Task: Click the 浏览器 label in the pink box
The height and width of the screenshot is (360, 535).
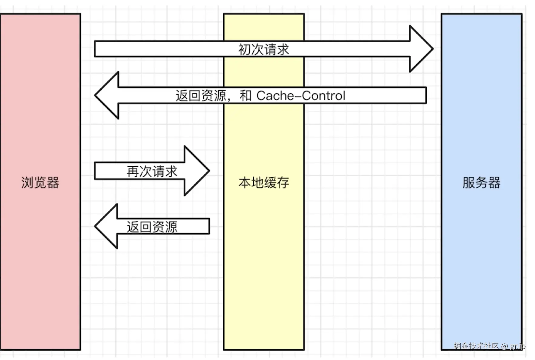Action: [40, 182]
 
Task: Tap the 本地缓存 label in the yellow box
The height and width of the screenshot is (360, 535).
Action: [264, 182]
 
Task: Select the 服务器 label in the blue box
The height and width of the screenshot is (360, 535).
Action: [481, 182]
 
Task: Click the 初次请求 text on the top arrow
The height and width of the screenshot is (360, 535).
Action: [264, 49]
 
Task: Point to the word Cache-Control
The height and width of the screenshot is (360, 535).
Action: [301, 96]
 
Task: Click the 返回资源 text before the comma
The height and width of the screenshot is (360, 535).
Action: [201, 96]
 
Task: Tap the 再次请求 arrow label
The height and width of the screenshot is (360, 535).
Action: [152, 171]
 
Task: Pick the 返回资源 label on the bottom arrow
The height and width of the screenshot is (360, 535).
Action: [152, 227]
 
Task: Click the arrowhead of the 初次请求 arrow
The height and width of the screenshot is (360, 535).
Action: [422, 49]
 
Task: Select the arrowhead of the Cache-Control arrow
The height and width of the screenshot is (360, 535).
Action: [107, 95]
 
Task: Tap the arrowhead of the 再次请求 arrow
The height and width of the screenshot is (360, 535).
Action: [197, 171]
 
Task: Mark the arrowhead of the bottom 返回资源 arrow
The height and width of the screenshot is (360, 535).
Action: [106, 226]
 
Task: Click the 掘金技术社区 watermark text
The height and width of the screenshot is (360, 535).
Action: [476, 346]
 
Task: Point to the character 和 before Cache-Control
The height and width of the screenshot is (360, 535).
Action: [245, 96]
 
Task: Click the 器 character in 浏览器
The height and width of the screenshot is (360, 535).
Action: [53, 182]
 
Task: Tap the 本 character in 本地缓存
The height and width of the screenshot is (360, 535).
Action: [245, 182]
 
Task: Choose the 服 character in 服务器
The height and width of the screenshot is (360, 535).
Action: [469, 182]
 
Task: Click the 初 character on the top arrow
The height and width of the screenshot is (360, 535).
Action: [245, 49]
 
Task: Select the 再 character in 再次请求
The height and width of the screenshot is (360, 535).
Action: [133, 171]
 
